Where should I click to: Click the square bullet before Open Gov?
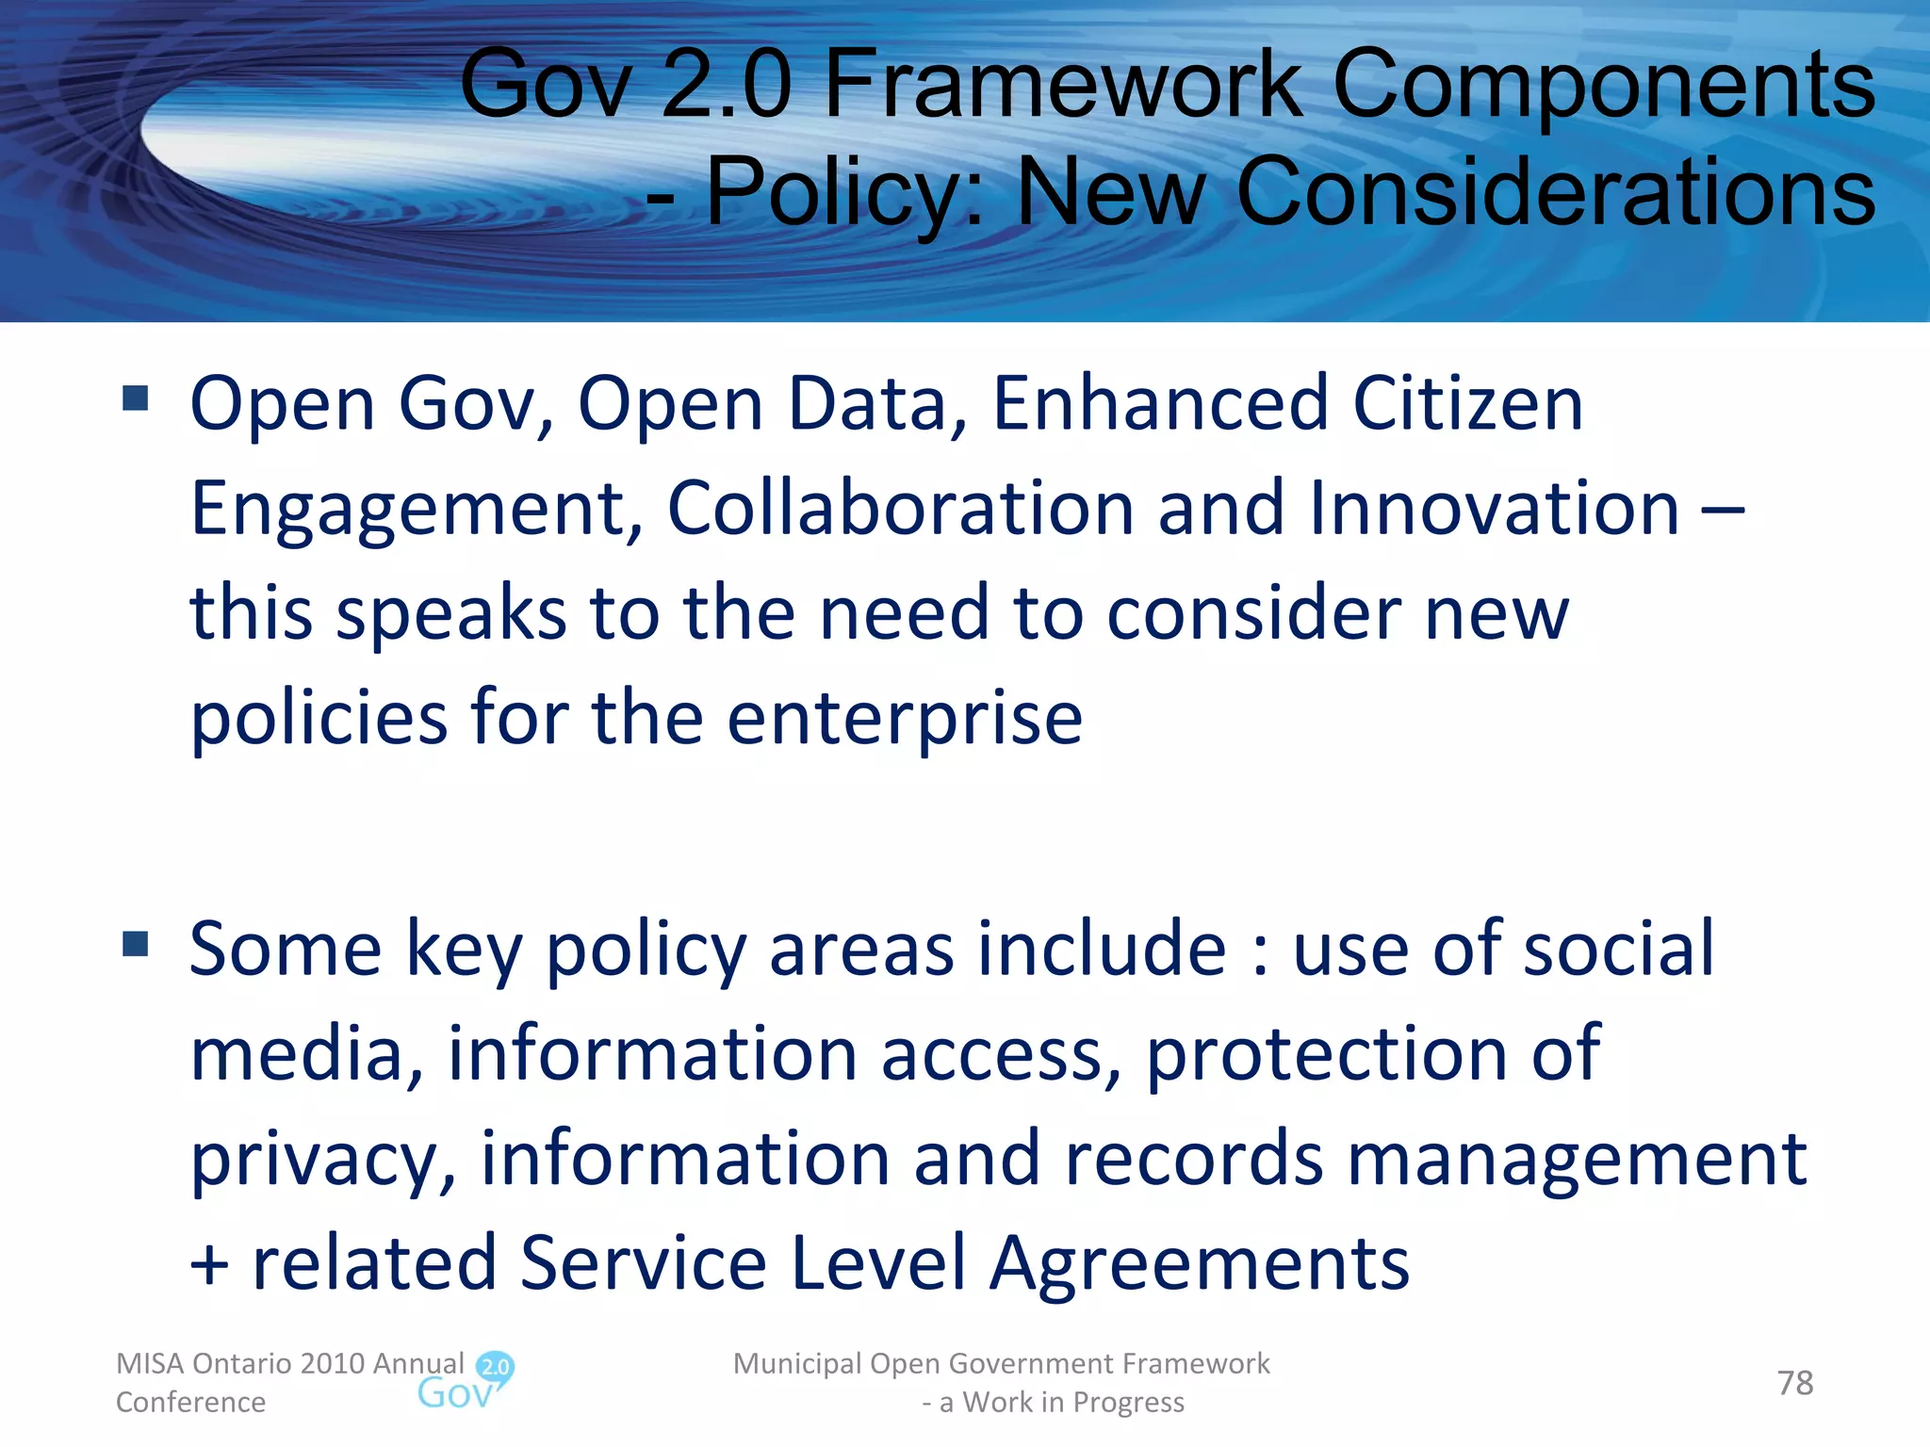[136, 398]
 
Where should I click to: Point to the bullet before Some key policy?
[136, 943]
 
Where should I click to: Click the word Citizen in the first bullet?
[1468, 403]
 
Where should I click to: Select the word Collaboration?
[900, 508]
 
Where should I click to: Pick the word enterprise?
[905, 719]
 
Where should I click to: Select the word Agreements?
[1200, 1263]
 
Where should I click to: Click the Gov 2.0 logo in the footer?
[466, 1381]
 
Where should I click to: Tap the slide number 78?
[1794, 1383]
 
